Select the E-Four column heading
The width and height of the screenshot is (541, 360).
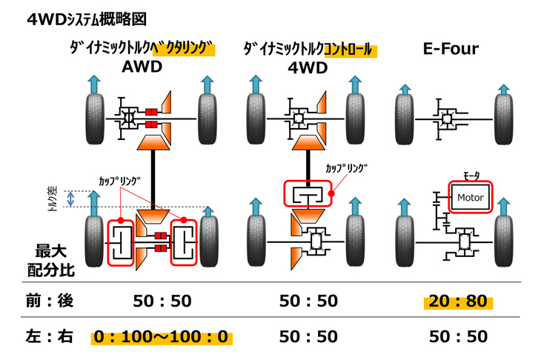(450, 50)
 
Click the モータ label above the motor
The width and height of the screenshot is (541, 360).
(471, 176)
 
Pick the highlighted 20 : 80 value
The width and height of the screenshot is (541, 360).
(457, 301)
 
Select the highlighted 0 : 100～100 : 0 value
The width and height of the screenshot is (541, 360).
(162, 337)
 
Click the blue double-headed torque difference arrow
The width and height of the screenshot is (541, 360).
(71, 198)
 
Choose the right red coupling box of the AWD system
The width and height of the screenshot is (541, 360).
(185, 242)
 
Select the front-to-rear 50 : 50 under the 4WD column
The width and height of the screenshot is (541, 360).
(309, 301)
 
